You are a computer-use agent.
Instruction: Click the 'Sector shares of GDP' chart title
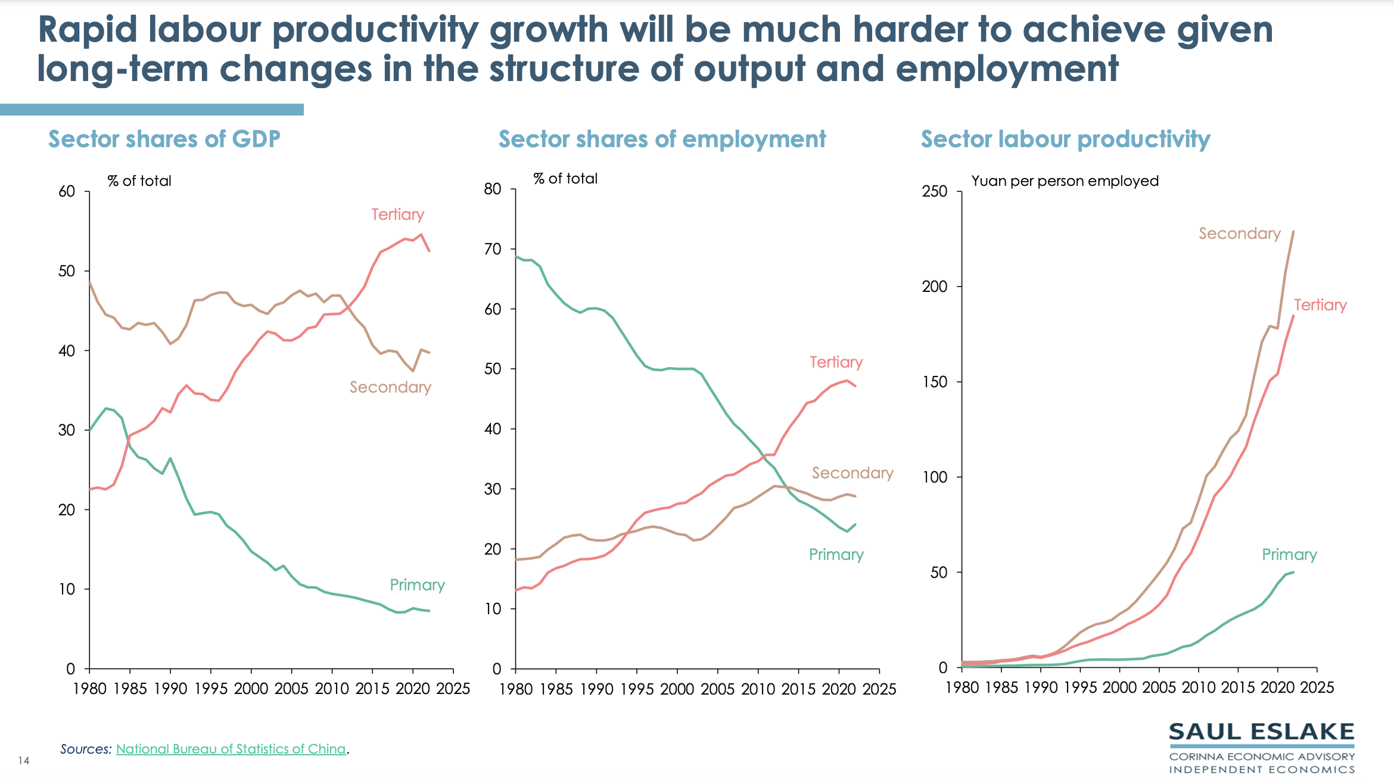tap(164, 139)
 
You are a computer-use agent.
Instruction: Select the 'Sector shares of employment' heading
tap(662, 139)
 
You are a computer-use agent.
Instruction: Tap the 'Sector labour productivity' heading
tap(1065, 139)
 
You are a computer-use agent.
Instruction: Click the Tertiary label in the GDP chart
tap(397, 214)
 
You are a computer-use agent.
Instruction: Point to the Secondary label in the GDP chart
tap(390, 387)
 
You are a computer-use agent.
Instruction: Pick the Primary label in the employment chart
tap(836, 555)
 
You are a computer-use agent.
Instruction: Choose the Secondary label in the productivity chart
tap(1239, 234)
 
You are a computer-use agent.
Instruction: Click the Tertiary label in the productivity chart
tap(1320, 305)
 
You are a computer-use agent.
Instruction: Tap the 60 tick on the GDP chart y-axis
tap(67, 191)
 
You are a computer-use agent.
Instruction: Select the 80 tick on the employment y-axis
tap(493, 189)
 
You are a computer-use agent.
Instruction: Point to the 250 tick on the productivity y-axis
tap(934, 191)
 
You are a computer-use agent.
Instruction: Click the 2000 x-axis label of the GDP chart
tap(251, 689)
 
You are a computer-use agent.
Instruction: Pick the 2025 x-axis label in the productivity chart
tap(1317, 687)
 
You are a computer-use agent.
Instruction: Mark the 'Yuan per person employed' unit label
tap(1065, 181)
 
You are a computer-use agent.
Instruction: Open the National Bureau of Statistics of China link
tap(231, 749)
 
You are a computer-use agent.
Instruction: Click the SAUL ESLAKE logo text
tap(1261, 732)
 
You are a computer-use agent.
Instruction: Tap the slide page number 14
tap(24, 761)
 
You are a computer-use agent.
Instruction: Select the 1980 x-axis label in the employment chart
tap(515, 689)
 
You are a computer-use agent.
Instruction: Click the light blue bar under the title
tap(152, 110)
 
